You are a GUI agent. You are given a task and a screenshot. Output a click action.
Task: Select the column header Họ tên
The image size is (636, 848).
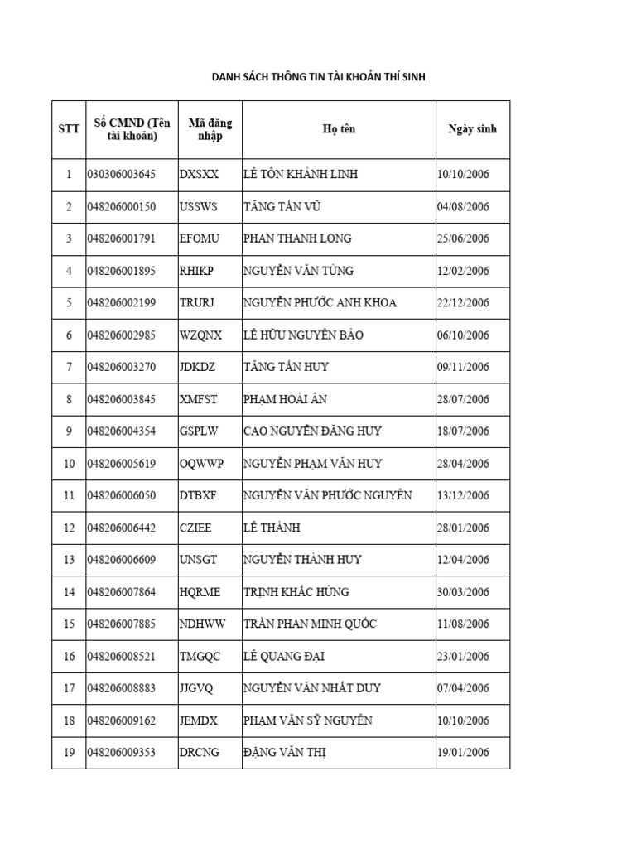339,129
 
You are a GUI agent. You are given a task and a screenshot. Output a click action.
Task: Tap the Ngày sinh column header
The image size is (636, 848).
472,129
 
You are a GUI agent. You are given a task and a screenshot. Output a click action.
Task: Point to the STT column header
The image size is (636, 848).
69,129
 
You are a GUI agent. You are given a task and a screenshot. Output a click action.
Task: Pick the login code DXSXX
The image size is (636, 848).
199,175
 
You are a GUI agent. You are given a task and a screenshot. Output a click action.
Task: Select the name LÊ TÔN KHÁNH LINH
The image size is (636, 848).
301,175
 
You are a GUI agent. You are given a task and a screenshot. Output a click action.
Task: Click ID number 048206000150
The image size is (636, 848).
121,207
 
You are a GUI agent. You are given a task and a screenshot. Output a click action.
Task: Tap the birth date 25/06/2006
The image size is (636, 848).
463,238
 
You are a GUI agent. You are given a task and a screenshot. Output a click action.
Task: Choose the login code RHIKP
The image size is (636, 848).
197,271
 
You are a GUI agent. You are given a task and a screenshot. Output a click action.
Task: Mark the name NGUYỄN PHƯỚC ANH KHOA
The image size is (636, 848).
320,303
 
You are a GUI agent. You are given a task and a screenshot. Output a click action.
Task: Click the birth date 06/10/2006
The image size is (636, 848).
463,335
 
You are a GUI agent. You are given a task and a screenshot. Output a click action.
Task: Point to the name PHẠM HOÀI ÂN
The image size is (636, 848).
285,399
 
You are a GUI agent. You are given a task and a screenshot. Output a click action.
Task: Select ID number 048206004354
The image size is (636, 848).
121,431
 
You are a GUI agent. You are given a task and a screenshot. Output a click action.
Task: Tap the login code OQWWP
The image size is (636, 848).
201,464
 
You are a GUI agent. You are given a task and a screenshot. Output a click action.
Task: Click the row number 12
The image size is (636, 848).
69,528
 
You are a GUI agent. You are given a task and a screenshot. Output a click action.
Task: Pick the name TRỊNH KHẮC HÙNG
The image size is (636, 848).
296,592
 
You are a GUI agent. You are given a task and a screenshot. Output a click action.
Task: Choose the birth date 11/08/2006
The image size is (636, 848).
463,624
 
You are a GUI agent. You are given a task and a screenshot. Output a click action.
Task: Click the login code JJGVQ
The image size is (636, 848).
197,688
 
